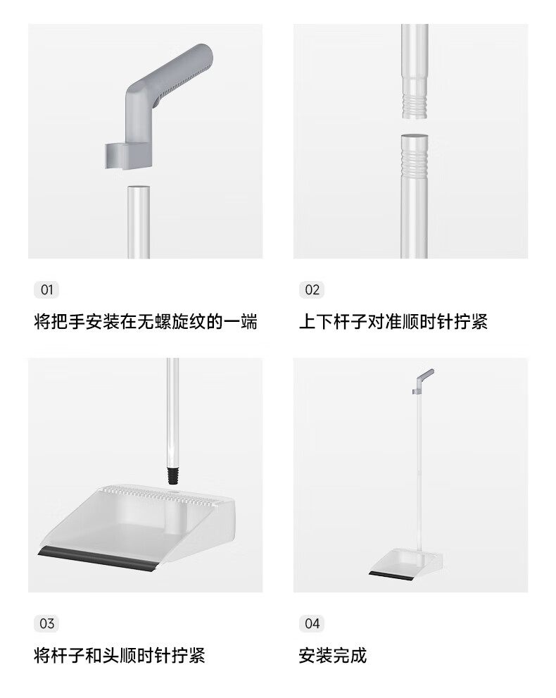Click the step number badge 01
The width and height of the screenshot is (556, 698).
[46, 289]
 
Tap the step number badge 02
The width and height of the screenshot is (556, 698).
[312, 289]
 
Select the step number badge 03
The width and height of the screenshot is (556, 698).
[46, 623]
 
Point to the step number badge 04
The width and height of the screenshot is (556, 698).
[312, 623]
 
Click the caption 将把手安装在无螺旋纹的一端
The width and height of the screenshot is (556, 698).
[146, 321]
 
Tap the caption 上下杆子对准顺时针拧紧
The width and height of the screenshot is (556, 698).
[393, 321]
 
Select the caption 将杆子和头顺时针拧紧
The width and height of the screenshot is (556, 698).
[120, 655]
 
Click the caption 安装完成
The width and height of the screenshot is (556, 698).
[333, 655]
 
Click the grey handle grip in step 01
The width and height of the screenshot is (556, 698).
[173, 73]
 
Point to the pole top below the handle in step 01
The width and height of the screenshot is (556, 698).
[139, 189]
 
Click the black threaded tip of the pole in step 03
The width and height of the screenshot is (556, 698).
[173, 475]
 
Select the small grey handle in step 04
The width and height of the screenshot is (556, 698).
[423, 380]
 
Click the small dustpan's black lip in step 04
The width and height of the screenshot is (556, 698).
[391, 575]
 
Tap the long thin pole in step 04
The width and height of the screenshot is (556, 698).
[419, 472]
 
